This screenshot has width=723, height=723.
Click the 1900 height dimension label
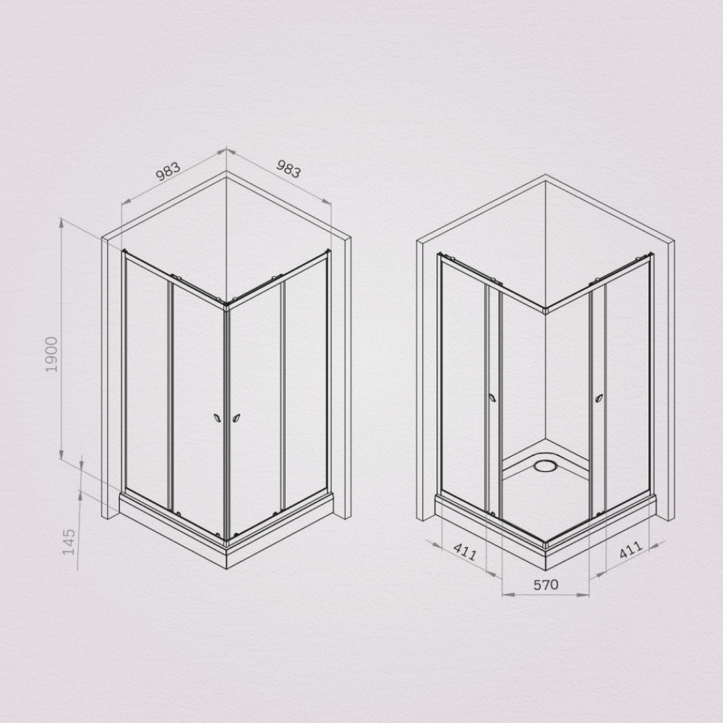coord(51,354)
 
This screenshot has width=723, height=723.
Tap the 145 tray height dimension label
coord(69,542)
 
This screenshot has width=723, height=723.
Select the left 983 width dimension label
coord(168,171)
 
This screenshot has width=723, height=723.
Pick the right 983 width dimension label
coord(288,168)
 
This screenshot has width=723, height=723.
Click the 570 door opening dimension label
coord(546,585)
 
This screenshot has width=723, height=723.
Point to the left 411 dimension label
coord(465,552)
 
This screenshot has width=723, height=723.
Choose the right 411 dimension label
coord(630,549)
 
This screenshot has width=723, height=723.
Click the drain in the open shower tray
coord(545,466)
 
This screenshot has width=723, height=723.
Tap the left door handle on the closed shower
coord(217,419)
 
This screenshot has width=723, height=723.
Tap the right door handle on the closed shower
coord(236,419)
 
